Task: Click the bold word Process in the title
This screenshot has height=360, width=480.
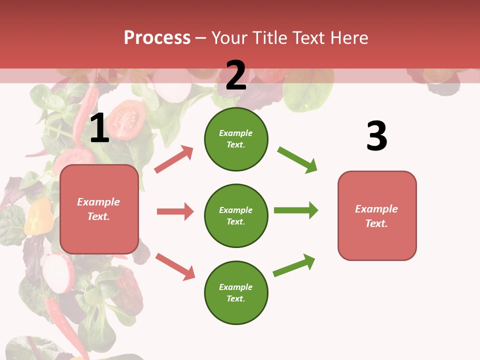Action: click(x=157, y=37)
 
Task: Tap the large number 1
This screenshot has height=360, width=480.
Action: click(x=99, y=128)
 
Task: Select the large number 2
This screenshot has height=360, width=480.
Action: click(x=236, y=75)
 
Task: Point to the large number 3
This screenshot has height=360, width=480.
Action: click(x=376, y=136)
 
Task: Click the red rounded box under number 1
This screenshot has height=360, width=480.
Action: click(x=99, y=209)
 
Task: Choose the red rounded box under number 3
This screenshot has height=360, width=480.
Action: click(x=377, y=215)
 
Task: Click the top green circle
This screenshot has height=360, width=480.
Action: click(x=236, y=139)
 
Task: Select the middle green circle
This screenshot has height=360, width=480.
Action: click(x=236, y=215)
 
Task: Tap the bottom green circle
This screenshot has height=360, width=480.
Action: click(x=236, y=292)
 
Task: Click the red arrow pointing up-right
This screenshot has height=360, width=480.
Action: click(x=174, y=159)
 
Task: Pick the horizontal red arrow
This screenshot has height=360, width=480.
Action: click(x=175, y=211)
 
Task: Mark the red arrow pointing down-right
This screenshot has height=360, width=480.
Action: click(x=175, y=266)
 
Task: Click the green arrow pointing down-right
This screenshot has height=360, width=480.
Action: click(x=297, y=160)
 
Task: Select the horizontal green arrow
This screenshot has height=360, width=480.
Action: click(x=295, y=210)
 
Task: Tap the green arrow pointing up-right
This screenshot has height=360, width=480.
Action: click(x=294, y=265)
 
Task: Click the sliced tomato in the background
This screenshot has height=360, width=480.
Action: click(x=126, y=119)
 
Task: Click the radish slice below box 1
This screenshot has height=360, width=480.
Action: click(x=58, y=272)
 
